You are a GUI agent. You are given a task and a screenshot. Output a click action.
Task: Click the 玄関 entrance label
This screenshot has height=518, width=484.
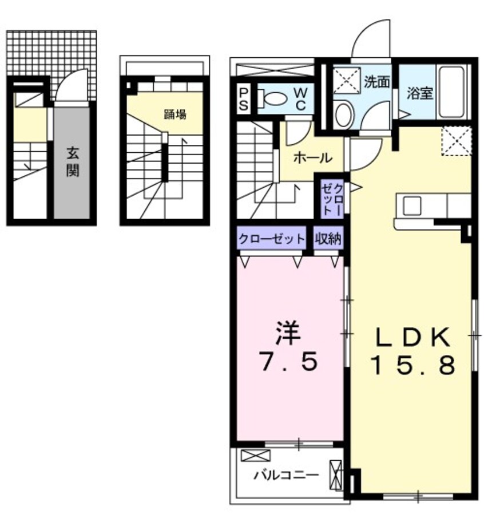pyautogui.click(x=72, y=161)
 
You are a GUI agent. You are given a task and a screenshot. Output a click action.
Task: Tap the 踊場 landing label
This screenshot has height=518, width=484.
pyautogui.click(x=175, y=114)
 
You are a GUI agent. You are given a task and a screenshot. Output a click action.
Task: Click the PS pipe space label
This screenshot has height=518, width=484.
pyautogui.click(x=244, y=98)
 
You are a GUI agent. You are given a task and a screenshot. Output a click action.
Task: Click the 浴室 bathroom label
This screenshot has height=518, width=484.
pyautogui.click(x=420, y=92)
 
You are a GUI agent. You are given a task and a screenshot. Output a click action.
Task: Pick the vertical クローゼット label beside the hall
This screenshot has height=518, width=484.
pyautogui.click(x=332, y=198)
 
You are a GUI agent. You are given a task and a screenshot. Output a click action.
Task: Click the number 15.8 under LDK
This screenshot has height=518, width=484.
pyautogui.click(x=414, y=364)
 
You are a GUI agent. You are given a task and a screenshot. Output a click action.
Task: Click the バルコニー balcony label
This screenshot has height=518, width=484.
pyautogui.click(x=286, y=474)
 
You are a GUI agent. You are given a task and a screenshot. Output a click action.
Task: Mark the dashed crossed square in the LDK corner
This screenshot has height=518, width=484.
pyautogui.click(x=456, y=140)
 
